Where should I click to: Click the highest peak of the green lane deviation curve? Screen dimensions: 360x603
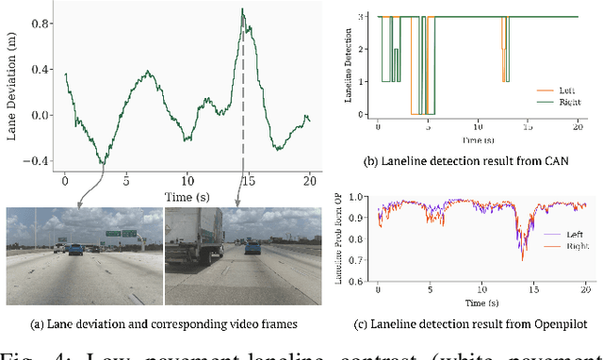coord(242,9)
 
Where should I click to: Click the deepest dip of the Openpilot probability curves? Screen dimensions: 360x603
coord(522,257)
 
